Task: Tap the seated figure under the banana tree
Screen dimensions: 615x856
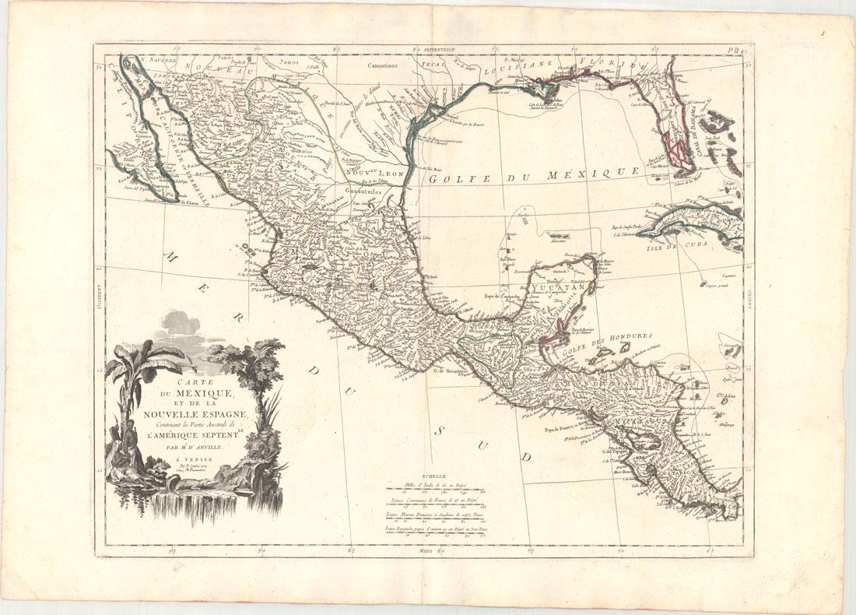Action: pyautogui.click(x=125, y=436)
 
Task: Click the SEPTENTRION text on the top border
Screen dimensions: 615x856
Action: pyautogui.click(x=440, y=49)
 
